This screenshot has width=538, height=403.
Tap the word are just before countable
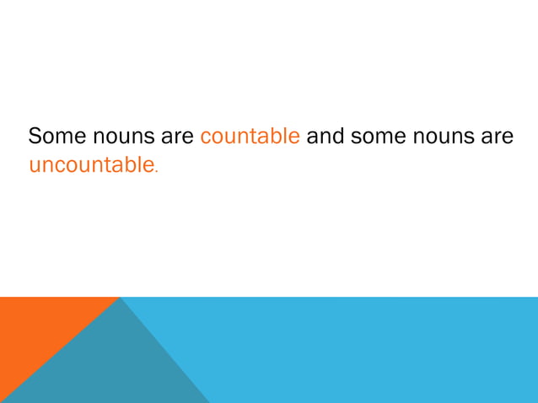(177, 137)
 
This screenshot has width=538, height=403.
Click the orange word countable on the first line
(250, 137)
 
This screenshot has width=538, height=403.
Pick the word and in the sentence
(325, 137)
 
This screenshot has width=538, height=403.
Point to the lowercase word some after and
(376, 137)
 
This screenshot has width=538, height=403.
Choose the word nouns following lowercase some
(440, 137)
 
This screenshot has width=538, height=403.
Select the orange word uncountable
(90, 165)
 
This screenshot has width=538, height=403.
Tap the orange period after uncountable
(155, 171)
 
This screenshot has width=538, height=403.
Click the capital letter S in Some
(35, 137)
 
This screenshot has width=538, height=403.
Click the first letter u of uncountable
(35, 166)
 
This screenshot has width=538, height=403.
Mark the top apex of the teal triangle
(121, 299)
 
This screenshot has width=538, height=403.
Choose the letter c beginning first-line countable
(205, 137)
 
